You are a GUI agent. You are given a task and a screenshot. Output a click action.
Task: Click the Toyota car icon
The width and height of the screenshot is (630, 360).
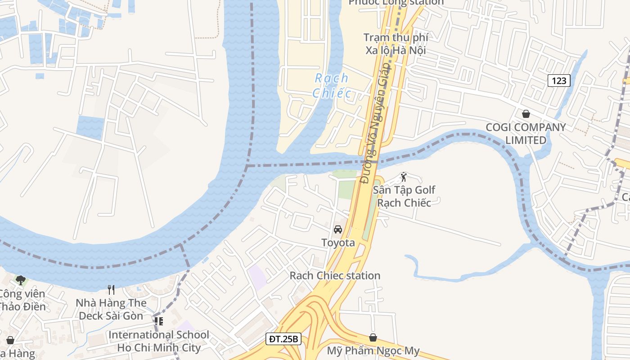coord(338,229)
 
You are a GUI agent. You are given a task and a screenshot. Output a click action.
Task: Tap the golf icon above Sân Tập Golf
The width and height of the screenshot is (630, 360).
coord(403,176)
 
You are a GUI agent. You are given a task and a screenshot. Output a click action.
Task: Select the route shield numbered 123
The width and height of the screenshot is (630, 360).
coord(559,81)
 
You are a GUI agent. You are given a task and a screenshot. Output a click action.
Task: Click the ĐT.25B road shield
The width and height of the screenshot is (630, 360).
coord(283,339)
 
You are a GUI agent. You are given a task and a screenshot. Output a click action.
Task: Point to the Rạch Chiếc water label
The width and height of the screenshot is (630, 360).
coord(332,85)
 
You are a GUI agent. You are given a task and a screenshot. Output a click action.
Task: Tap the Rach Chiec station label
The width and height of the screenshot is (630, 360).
coord(335,275)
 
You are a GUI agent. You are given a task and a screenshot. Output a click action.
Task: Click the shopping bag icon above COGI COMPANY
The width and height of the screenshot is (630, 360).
coord(526,114)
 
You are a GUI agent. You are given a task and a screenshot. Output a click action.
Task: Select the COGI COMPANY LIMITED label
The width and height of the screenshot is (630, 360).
coord(526,134)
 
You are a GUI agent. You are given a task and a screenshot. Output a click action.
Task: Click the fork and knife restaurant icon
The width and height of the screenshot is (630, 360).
coord(111,289)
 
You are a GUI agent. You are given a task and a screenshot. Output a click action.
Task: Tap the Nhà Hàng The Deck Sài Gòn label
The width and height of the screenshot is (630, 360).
coord(111,309)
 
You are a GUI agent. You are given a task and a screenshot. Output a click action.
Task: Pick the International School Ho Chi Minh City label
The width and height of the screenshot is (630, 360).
coord(159,341)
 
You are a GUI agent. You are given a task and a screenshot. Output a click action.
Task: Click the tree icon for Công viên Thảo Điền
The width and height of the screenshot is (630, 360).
coord(20,280)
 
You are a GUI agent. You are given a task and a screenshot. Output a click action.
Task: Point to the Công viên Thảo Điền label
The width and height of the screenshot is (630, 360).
coord(22,300)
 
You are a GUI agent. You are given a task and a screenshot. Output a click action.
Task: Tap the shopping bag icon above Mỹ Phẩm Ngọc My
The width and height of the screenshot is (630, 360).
coord(373,337)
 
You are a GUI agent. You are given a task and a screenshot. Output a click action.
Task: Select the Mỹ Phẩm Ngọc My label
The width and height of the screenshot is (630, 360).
coord(373,351)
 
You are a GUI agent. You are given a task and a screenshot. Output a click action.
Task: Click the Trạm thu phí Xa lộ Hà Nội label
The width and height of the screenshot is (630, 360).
coord(396,44)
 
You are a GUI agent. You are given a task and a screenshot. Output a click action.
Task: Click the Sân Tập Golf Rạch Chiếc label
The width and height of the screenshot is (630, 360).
coord(404,196)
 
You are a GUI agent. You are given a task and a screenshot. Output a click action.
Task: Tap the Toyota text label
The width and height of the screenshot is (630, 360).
coord(338,243)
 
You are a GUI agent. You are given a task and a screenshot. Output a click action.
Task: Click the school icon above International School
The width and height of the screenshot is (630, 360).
coord(158,321)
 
